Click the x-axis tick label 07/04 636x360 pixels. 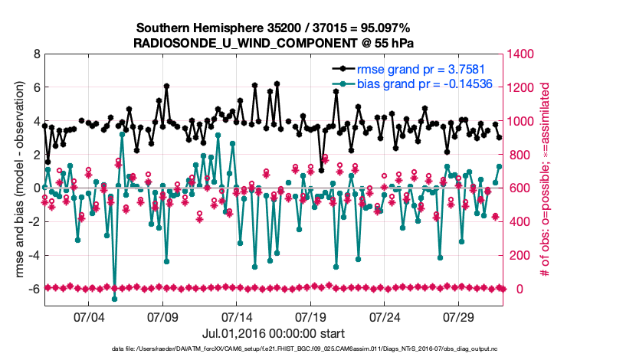[x=88, y=317]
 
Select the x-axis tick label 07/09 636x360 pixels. [x=162, y=317]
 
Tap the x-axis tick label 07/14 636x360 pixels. [x=237, y=317]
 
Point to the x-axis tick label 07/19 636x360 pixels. [x=311, y=317]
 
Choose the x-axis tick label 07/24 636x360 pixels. [x=385, y=317]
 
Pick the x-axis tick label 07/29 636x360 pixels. [x=460, y=317]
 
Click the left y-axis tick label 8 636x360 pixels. [x=35, y=54]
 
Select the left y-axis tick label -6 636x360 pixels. [x=33, y=289]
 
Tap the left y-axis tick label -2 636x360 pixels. [x=33, y=222]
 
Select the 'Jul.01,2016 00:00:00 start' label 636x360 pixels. [x=274, y=334]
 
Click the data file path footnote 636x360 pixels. [x=275, y=350]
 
